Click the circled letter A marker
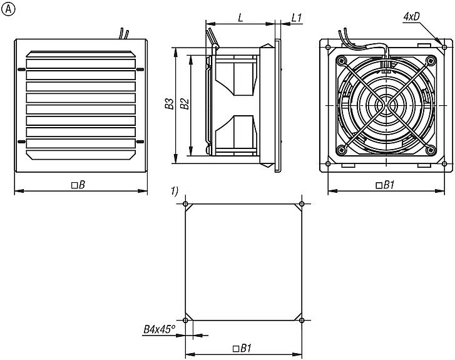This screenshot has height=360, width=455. click(x=8, y=9)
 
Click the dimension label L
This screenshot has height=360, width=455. click(x=240, y=18)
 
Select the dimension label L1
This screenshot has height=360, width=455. click(x=296, y=18)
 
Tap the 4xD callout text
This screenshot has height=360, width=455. click(x=411, y=17)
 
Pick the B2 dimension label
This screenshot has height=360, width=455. click(x=185, y=104)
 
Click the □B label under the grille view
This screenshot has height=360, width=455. click(x=78, y=185)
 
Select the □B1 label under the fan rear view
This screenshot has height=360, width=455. click(x=385, y=185)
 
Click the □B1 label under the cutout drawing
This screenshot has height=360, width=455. click(x=242, y=348)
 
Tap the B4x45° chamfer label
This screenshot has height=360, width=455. click(x=160, y=329)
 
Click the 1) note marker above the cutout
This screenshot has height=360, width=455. click(x=175, y=192)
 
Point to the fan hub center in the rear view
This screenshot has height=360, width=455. click(x=386, y=105)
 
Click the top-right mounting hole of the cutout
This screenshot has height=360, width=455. click(x=302, y=204)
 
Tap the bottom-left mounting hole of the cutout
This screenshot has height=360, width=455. click(x=185, y=320)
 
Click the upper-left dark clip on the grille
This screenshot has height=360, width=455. click(x=22, y=69)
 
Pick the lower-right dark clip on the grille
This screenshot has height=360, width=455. click(x=140, y=141)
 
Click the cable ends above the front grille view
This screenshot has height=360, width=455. click(x=124, y=33)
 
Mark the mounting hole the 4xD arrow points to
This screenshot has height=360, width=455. click(x=444, y=47)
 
